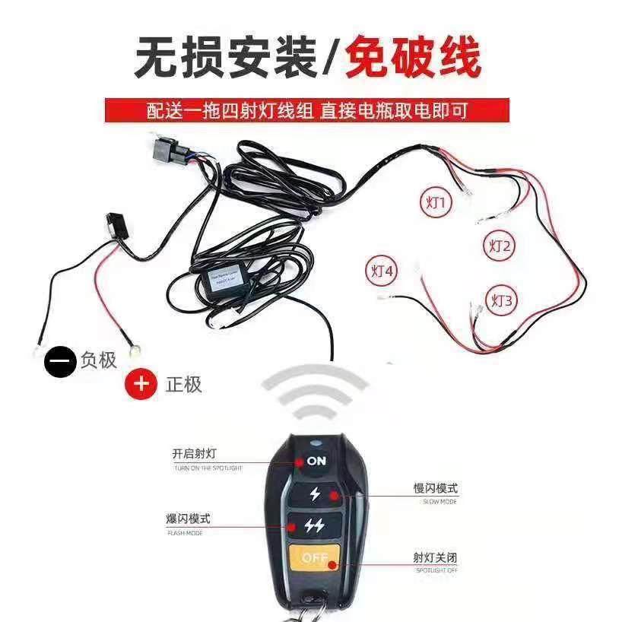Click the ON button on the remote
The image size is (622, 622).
coord(316,461)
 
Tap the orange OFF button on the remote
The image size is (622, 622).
coord(315,558)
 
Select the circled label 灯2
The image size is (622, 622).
coord(500,246)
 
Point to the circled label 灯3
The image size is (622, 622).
coord(502,300)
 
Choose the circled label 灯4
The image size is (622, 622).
coord(382,271)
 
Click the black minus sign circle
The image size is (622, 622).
coord(60,360)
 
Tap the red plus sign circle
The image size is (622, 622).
coord(141,383)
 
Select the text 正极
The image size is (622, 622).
coord(183,384)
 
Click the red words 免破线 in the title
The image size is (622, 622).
coord(413,58)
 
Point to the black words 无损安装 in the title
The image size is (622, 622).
coord(226,58)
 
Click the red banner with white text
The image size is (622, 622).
coord(306,110)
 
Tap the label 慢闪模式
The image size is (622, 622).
coord(436,488)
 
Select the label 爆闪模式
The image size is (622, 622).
coord(188,519)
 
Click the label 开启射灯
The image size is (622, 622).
coord(195,454)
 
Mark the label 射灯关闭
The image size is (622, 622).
coord(436,558)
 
